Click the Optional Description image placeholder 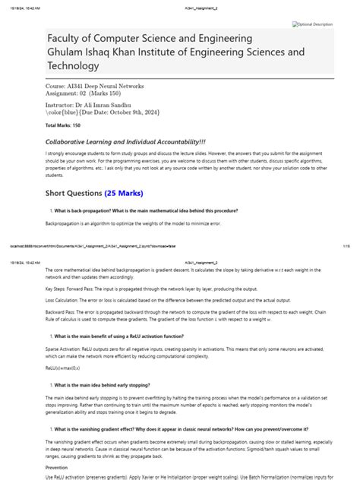[x=313, y=24]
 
